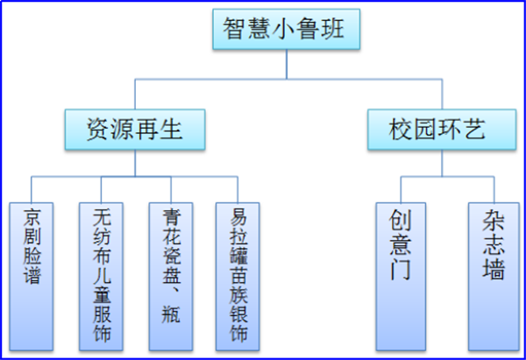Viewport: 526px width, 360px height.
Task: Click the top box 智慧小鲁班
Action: pyautogui.click(x=287, y=32)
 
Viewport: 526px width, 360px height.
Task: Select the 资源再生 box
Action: pyautogui.click(x=134, y=130)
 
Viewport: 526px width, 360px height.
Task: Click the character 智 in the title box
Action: pyautogui.click(x=235, y=32)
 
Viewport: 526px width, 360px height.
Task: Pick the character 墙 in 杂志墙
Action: pyautogui.click(x=494, y=269)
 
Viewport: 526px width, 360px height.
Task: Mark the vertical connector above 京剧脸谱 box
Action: pyautogui.click(x=32, y=188)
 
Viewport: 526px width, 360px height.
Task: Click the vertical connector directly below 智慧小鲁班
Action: pyautogui.click(x=287, y=65)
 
